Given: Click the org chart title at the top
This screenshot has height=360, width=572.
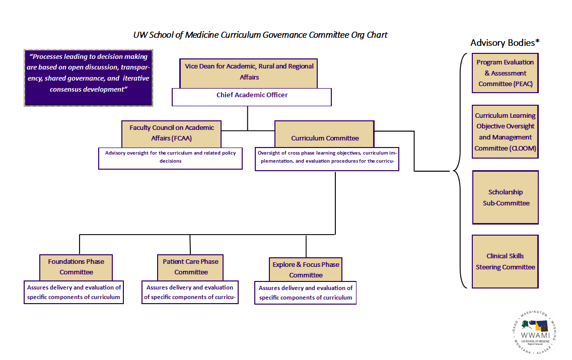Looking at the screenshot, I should click(x=260, y=35).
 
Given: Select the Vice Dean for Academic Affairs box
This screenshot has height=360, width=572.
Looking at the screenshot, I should click(x=249, y=72).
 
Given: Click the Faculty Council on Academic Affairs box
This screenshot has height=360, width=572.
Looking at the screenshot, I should click(x=172, y=133).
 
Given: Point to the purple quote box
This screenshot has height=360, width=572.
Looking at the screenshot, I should click(x=89, y=77).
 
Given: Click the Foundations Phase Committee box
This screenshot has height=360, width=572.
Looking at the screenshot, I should click(x=76, y=267).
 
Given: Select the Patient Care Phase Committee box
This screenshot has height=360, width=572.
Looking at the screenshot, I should click(x=190, y=267).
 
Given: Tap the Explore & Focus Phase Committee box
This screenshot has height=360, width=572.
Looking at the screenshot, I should click(x=306, y=270).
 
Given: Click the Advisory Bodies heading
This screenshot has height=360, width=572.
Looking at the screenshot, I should click(x=502, y=43).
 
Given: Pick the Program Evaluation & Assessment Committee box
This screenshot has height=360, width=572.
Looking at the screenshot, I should click(x=505, y=73).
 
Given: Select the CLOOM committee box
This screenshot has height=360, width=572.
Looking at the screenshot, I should click(x=505, y=131).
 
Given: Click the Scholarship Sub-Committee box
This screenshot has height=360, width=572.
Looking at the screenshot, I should click(x=505, y=197).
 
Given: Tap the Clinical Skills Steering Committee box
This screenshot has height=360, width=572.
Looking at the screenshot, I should click(x=505, y=261).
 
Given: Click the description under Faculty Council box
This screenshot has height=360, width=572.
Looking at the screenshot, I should click(x=170, y=157).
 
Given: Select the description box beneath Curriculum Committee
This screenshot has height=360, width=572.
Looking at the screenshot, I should click(x=327, y=158).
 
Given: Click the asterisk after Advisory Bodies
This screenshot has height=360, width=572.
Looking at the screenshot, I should click(x=538, y=41).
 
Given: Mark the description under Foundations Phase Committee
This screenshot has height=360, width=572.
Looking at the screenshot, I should click(x=74, y=293).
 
